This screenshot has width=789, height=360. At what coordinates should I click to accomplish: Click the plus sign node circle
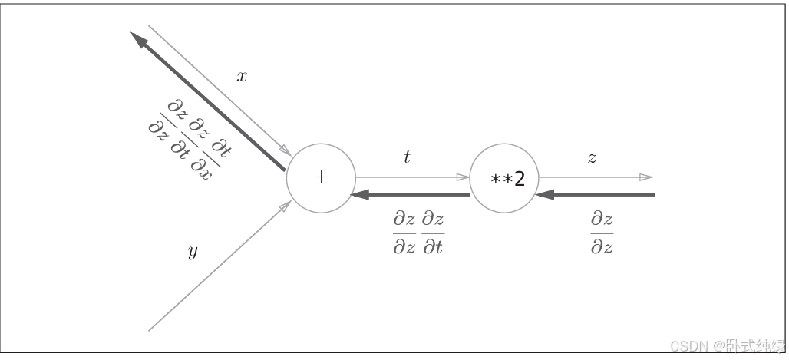(321, 178)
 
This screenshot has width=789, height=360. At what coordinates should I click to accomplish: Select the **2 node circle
(503, 179)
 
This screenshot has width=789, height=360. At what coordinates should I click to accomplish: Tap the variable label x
(242, 77)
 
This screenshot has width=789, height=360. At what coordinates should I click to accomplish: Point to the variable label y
(193, 252)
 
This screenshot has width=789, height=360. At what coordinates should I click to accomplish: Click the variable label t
(407, 157)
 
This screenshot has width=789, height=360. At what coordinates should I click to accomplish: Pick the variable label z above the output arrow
(592, 158)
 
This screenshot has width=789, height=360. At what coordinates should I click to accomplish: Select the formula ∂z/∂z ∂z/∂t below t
(418, 233)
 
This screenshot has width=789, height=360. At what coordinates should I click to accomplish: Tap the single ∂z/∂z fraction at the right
(602, 233)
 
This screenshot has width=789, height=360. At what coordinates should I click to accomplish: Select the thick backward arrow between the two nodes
(410, 195)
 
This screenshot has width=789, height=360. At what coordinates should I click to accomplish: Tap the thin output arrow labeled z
(595, 177)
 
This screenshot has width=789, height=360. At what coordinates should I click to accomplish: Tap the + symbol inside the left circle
(321, 178)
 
